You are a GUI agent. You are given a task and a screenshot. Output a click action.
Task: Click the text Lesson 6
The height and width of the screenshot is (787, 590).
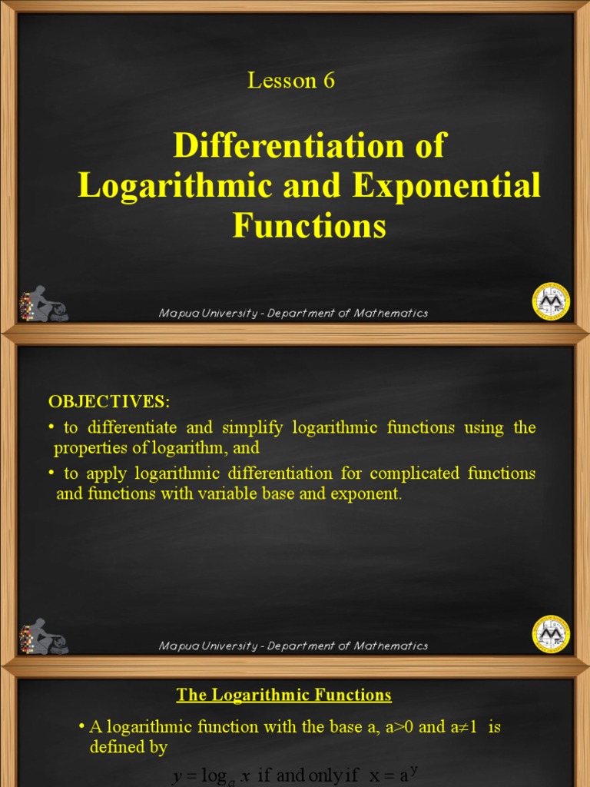pyautogui.click(x=291, y=81)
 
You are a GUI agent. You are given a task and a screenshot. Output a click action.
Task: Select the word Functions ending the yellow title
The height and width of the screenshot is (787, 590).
pyautogui.click(x=309, y=227)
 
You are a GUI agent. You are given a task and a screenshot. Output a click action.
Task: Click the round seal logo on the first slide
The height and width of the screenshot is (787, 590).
pyautogui.click(x=551, y=301)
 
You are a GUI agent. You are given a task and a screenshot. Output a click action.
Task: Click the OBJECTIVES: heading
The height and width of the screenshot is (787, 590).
pyautogui.click(x=108, y=401)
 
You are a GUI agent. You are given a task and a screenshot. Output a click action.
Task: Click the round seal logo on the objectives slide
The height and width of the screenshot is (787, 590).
pyautogui.click(x=551, y=634)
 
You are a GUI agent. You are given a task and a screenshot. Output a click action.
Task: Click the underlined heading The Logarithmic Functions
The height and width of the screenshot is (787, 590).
pyautogui.click(x=284, y=696)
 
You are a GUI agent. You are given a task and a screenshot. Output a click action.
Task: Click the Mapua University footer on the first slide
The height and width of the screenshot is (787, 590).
pyautogui.click(x=293, y=314)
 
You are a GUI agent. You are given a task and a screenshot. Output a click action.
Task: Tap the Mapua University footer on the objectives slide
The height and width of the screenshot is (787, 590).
pyautogui.click(x=293, y=646)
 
